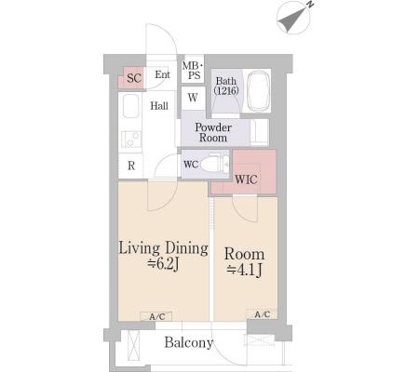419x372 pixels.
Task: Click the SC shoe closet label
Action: (x=134, y=78)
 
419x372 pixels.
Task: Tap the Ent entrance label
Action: (x=163, y=74)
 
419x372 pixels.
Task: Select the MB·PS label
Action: (x=193, y=71)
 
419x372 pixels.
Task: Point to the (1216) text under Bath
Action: (x=226, y=91)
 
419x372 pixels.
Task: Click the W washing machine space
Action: (x=193, y=98)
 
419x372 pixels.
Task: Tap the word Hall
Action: (x=159, y=106)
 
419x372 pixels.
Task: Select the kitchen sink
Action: (x=130, y=106)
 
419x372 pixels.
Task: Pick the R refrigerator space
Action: (x=131, y=166)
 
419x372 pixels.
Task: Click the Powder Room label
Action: (x=213, y=132)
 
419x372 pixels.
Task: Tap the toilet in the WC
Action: (x=212, y=164)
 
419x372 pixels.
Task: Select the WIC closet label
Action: (x=246, y=179)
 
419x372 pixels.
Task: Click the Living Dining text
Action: (x=164, y=248)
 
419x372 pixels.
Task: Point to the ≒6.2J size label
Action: (x=163, y=264)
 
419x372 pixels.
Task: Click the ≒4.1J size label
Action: (x=244, y=271)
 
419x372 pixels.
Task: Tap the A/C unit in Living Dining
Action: (x=155, y=316)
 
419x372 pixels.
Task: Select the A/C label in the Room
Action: (x=263, y=315)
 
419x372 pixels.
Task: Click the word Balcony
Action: (x=189, y=342)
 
